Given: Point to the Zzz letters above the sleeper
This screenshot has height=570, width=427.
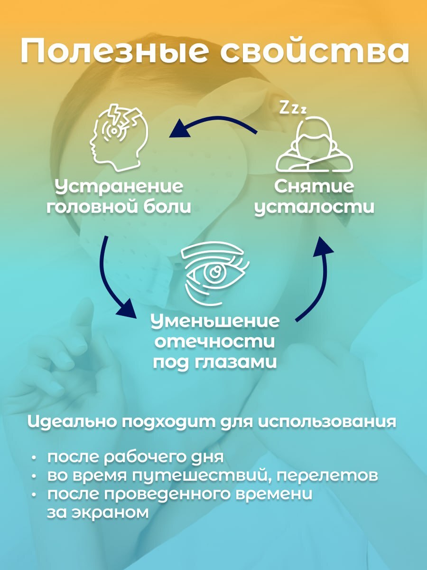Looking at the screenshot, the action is pyautogui.click(x=292, y=108).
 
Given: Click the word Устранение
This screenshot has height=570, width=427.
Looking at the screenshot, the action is pyautogui.click(x=119, y=187).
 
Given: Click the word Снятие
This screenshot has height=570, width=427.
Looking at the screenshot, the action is pyautogui.click(x=314, y=187).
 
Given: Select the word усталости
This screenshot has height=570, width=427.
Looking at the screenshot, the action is pyautogui.click(x=314, y=208).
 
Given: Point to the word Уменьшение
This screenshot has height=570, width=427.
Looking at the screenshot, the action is pyautogui.click(x=215, y=321).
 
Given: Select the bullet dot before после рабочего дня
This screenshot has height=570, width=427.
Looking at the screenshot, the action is pyautogui.click(x=34, y=457).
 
